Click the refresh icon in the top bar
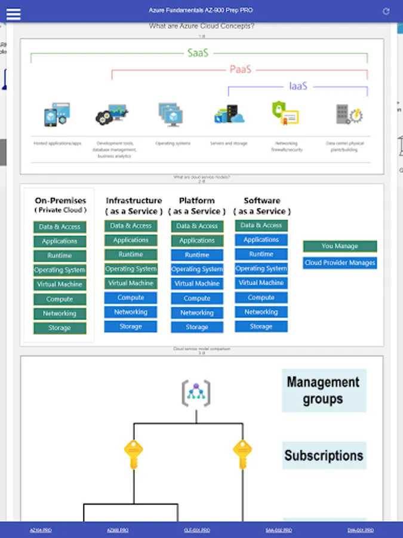coord(386,11)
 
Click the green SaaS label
coord(198,53)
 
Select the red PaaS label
coord(241,69)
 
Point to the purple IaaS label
coord(298,86)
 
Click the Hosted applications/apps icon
coord(57,115)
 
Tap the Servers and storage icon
coord(229,114)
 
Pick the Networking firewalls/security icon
coord(285,113)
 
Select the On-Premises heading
coord(60,201)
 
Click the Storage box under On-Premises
coord(60,328)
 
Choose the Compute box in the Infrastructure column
coord(131,298)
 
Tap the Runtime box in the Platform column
coord(197,255)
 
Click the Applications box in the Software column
coord(261,240)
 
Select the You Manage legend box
coord(340,246)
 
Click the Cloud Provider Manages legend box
coord(340,262)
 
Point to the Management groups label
coord(324,390)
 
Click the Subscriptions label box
coord(324,456)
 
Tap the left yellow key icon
coord(133,454)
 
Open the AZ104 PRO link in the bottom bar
coord(41,530)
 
